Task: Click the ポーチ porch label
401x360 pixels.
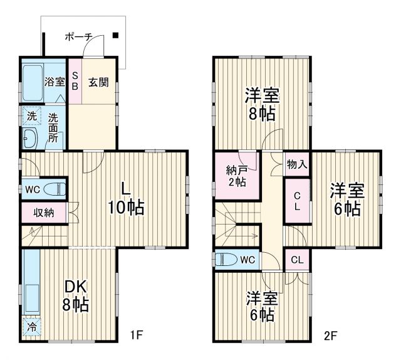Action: pos(79,37)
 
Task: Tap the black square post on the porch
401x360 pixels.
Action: pos(116,35)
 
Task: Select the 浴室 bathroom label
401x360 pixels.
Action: pos(55,82)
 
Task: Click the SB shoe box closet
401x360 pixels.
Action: pos(75,82)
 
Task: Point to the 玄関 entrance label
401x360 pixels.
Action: pos(98,82)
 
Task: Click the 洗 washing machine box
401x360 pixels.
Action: pos(30,116)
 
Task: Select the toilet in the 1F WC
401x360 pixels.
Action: pos(55,188)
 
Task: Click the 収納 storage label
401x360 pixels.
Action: pos(44,212)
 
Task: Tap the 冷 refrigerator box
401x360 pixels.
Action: pos(29,327)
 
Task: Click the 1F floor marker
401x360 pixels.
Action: pos(137,335)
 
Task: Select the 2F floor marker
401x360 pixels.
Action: pos(330,335)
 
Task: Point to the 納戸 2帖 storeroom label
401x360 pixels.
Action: pos(237,175)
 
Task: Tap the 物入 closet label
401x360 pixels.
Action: pos(297,165)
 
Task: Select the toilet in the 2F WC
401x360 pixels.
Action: pos(226,259)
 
